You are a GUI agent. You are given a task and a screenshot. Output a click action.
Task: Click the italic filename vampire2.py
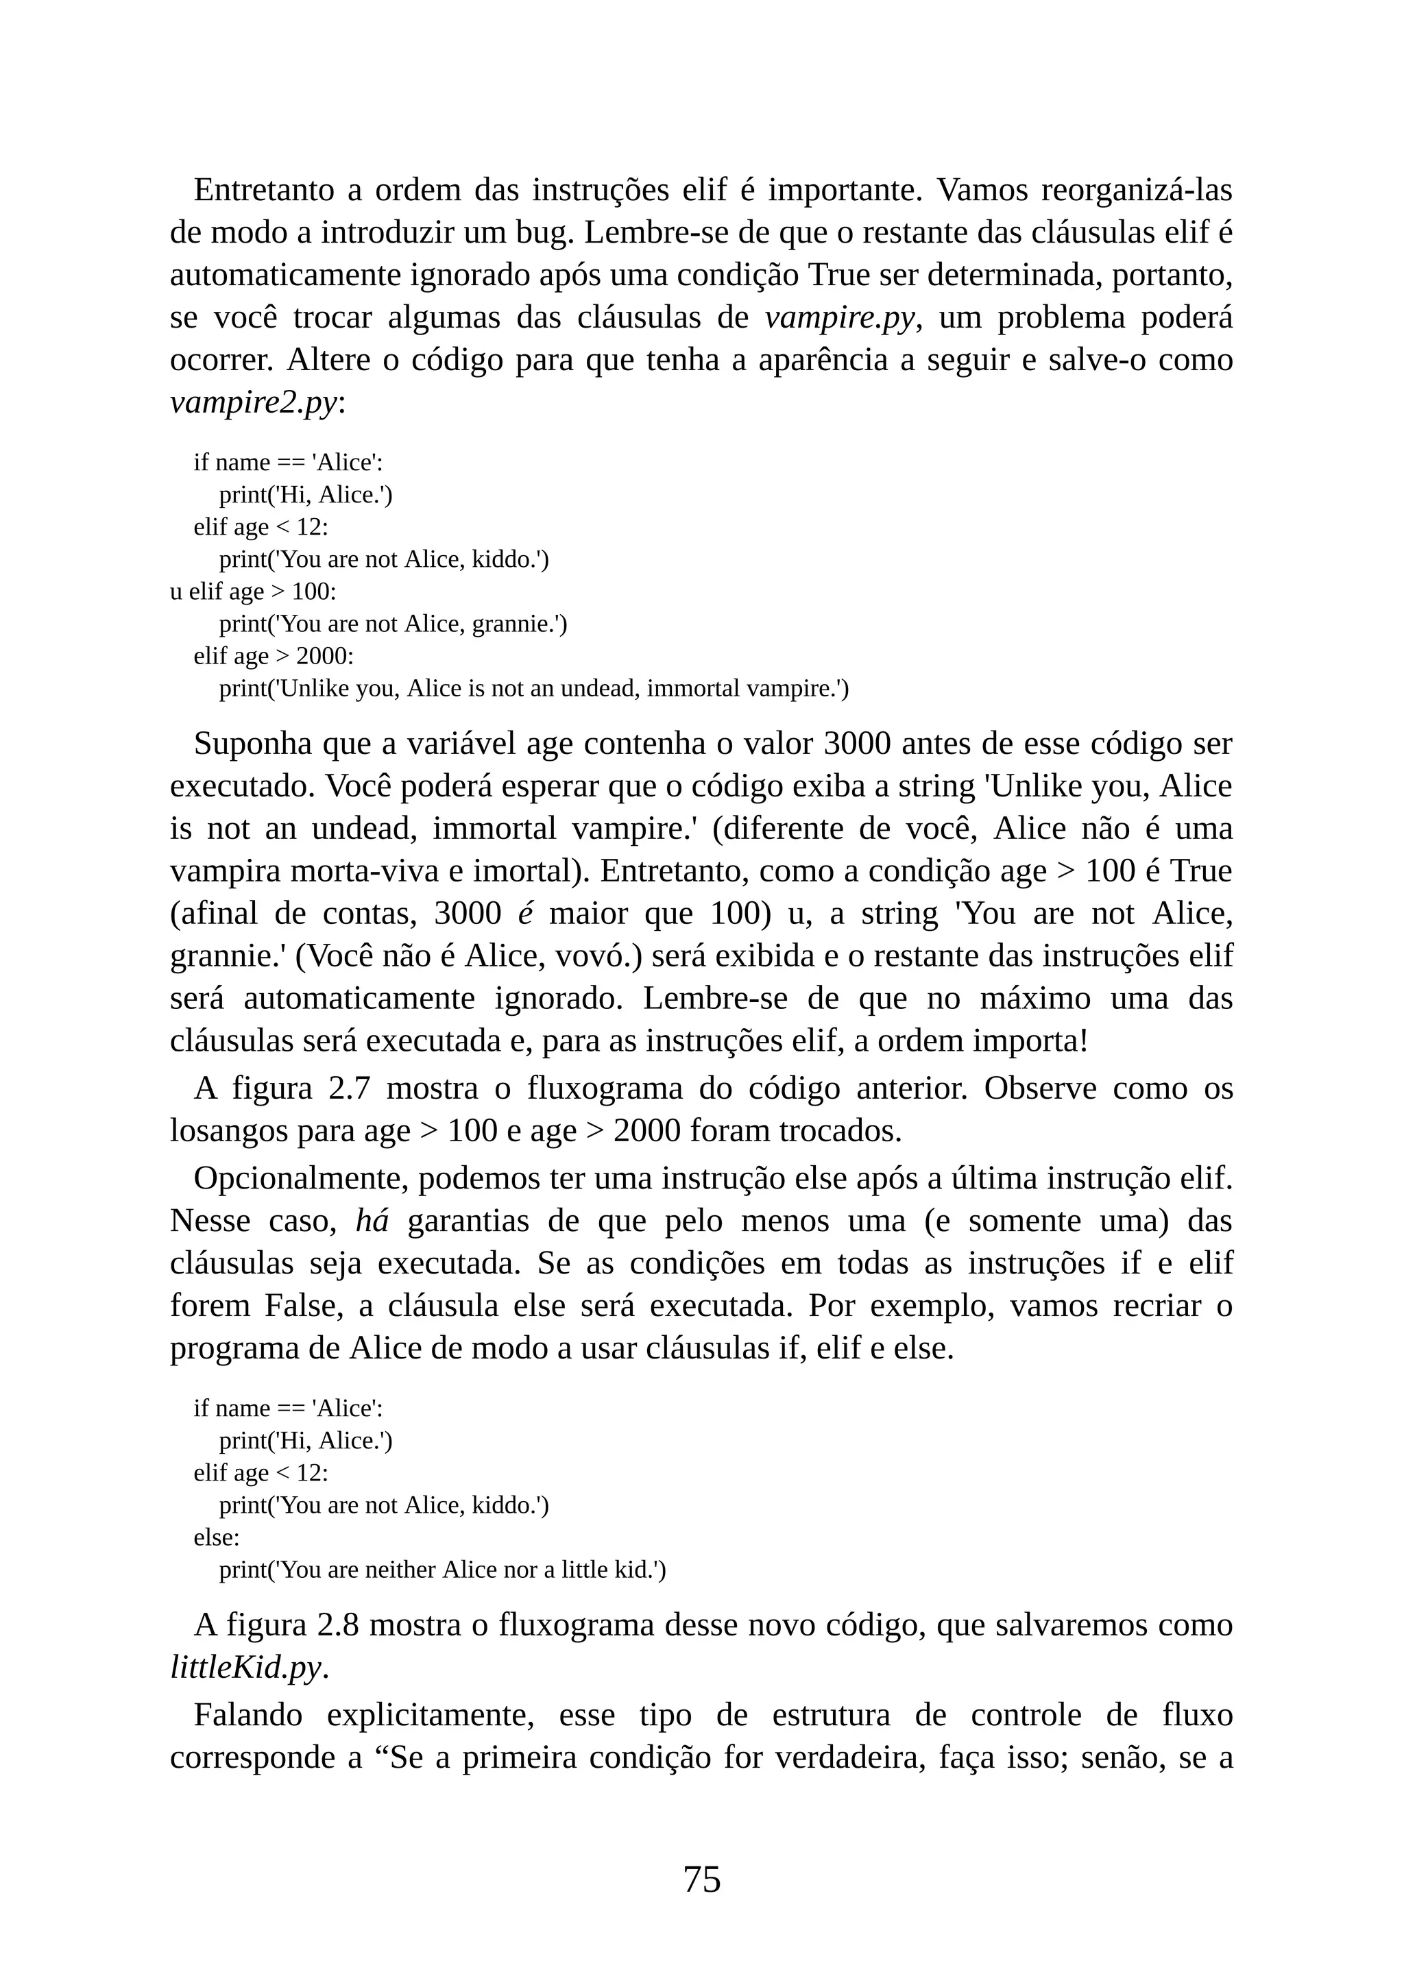coord(252,403)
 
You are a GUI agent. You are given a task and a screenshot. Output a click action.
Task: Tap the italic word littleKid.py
coord(245,1667)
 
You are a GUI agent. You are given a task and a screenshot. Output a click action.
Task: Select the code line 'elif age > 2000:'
coord(274,656)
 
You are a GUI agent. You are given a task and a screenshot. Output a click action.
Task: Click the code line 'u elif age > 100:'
coord(252,592)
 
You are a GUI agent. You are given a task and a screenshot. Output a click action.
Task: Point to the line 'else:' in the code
coord(216,1537)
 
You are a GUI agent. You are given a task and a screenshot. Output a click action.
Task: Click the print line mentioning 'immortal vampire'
coord(533,689)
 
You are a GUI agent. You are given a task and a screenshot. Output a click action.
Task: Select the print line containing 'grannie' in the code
coord(393,624)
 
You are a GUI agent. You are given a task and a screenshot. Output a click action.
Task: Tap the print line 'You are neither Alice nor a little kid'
coord(441,1569)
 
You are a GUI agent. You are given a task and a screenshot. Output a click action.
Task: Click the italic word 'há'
coord(372,1221)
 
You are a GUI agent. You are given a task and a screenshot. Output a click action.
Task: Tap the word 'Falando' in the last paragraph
coord(248,1714)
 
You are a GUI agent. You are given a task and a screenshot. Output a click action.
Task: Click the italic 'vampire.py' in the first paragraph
coord(838,318)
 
